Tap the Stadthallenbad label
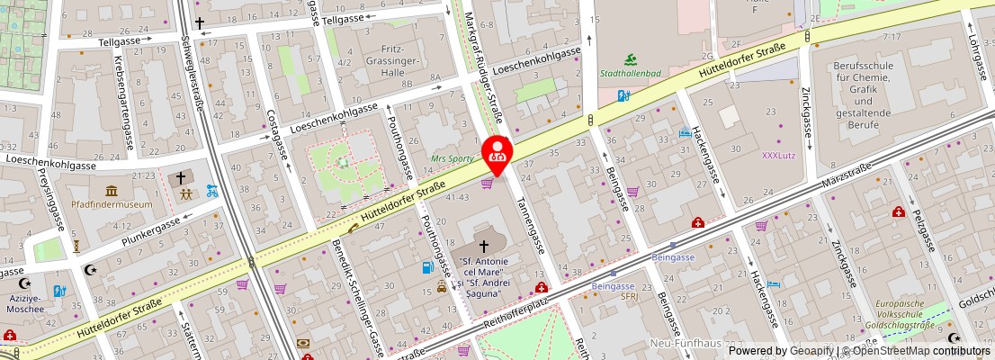coord(630,73)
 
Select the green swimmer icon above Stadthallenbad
coord(630,58)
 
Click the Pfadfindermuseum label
coord(112,204)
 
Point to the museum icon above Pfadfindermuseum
coord(112,191)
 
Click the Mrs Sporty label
coord(453,157)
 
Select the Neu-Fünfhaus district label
coord(686,344)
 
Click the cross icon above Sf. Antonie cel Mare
coord(485,245)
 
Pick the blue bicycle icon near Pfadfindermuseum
coord(212,191)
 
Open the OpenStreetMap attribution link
coord(917,351)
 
